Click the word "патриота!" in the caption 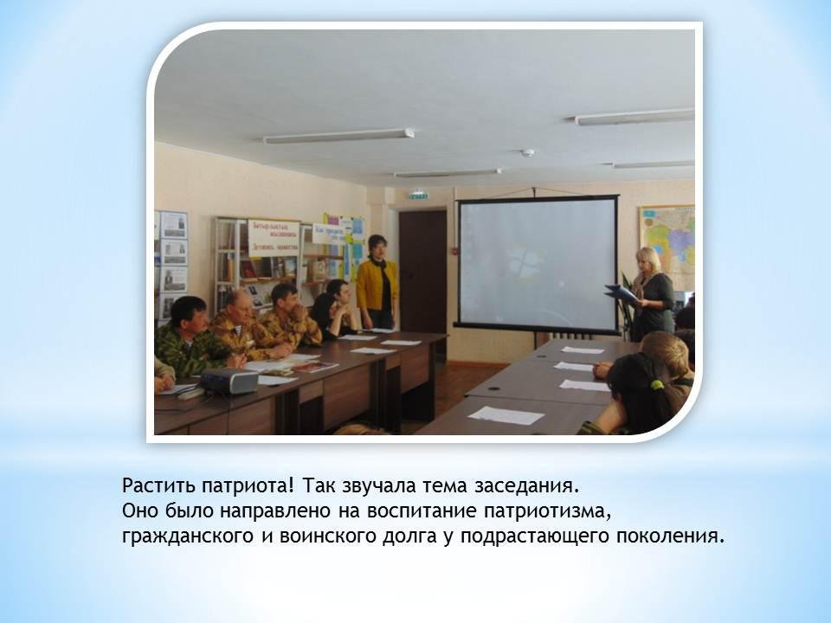click(x=247, y=485)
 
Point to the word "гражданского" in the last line click(x=188, y=536)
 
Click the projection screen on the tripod click(x=538, y=264)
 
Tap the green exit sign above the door click(x=418, y=196)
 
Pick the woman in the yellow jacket click(x=377, y=282)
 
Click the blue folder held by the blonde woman click(x=622, y=293)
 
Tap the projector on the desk click(x=229, y=381)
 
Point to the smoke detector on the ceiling click(x=527, y=153)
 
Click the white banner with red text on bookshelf click(x=274, y=238)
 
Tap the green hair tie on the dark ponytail click(x=657, y=384)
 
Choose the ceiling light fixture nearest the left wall click(x=338, y=136)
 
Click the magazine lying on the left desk click(x=315, y=366)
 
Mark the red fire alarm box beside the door click(x=454, y=248)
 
